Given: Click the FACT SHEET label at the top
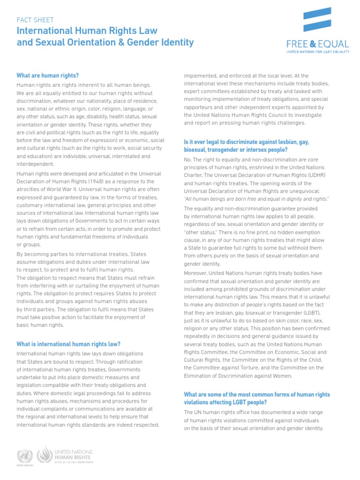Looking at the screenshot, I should pos(35,20).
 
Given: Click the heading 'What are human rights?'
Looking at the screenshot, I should pos(47,75).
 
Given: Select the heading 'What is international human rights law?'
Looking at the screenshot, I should pos(68,345).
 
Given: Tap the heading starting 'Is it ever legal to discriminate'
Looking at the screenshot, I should pos(246,145).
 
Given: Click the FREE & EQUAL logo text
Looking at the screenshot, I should pos(318,45).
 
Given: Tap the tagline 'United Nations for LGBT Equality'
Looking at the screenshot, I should pos(318,53).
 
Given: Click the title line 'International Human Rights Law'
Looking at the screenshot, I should pos(87,31).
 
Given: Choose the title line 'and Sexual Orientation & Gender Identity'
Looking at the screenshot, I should pos(105,43).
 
